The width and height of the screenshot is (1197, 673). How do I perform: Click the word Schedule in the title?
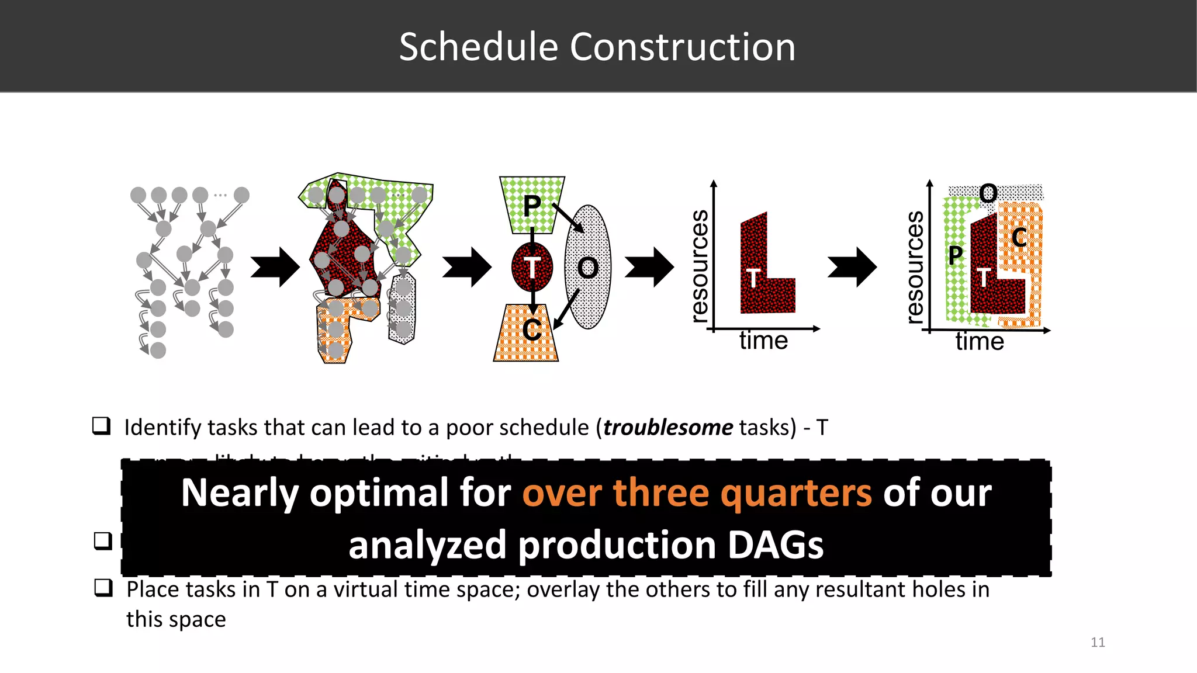[478, 47]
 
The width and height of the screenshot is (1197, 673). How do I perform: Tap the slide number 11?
[1098, 643]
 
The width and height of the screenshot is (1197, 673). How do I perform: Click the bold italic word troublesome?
[667, 428]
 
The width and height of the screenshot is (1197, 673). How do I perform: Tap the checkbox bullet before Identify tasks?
[102, 426]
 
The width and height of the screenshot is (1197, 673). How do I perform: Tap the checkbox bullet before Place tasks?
[103, 588]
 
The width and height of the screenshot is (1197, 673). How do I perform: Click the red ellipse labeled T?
[532, 268]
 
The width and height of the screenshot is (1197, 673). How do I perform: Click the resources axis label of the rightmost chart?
[915, 267]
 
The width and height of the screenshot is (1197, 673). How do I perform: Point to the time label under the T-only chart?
[763, 341]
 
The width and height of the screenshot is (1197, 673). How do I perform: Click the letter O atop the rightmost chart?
[988, 193]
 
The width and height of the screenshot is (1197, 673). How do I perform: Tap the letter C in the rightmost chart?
[1019, 238]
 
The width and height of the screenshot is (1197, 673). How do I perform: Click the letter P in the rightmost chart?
[955, 255]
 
